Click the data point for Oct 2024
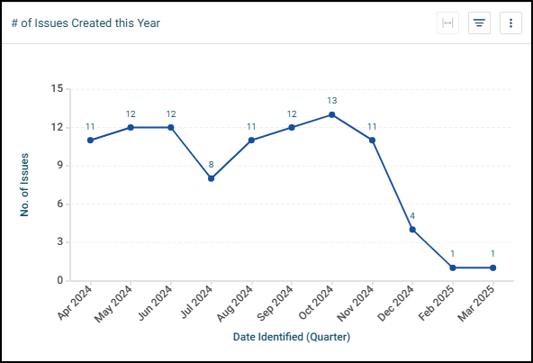click(x=332, y=114)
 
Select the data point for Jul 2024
click(x=211, y=178)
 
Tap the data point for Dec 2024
click(x=412, y=230)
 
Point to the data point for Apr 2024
click(x=90, y=140)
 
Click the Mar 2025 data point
click(x=493, y=268)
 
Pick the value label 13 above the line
click(x=332, y=101)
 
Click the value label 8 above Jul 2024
click(x=211, y=165)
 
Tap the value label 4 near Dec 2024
click(x=412, y=216)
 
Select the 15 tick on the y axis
click(x=58, y=89)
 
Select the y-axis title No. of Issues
click(x=25, y=185)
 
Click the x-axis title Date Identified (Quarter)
click(x=292, y=337)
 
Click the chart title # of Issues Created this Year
click(x=86, y=23)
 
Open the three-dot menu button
click(x=510, y=23)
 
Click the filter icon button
click(x=479, y=23)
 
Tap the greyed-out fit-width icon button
click(x=447, y=23)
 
